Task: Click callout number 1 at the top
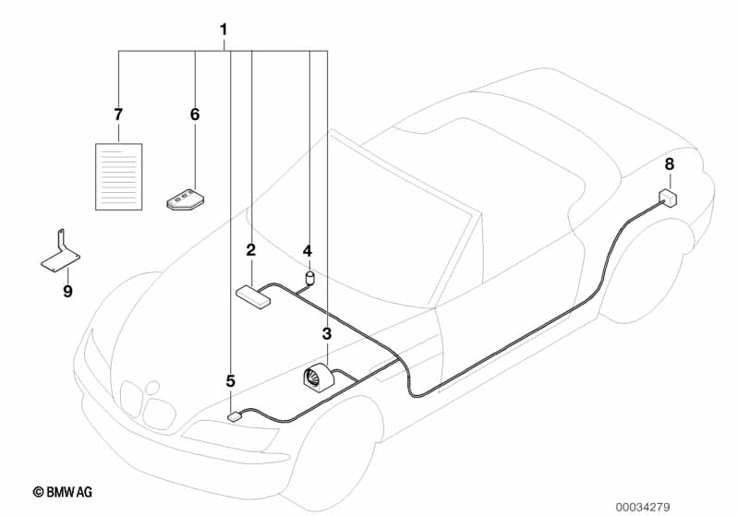point(224,30)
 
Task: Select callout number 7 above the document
point(118,114)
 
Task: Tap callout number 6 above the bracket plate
point(194,114)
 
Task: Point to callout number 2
point(250,250)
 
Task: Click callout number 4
point(308,250)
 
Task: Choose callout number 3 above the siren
point(326,333)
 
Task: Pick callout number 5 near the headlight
point(231,380)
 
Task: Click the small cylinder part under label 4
point(309,276)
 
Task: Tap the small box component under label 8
point(667,197)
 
